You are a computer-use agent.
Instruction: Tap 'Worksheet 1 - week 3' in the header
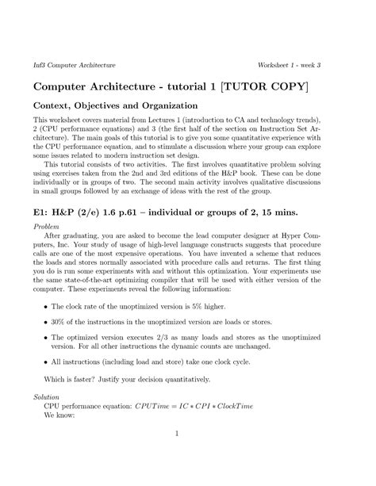(x=296, y=63)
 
